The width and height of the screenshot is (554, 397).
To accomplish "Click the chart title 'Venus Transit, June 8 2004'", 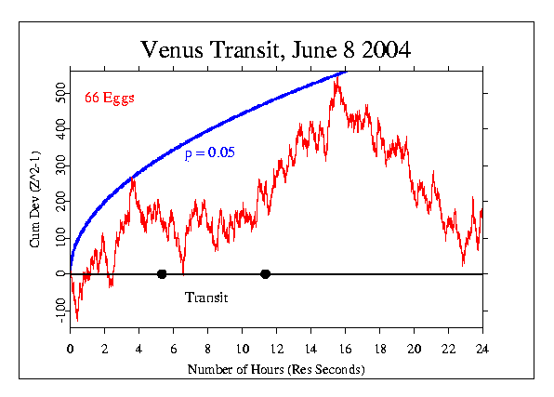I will [276, 48].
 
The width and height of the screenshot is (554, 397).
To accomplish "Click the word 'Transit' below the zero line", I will [206, 298].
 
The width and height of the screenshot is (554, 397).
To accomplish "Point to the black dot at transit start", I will [162, 274].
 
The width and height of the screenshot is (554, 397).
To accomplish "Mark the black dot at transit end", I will [266, 274].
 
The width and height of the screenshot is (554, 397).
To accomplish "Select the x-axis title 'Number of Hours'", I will [276, 369].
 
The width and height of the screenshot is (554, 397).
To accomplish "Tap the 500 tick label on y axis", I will [59, 94].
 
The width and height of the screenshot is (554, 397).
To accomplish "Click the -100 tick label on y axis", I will [58, 311].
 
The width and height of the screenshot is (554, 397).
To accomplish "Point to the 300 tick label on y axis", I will [59, 166].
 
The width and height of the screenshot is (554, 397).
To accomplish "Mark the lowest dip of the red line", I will [76, 320].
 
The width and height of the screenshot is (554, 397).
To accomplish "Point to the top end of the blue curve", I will [346, 71].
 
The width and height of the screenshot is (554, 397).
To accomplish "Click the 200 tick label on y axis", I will [59, 202].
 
